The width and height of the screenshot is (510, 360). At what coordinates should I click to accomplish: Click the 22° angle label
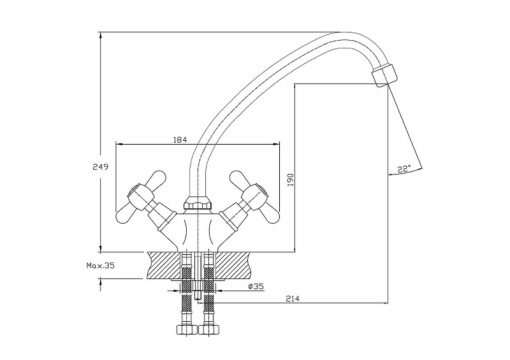(404, 169)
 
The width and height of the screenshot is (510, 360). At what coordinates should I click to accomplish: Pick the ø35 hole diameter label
(256, 287)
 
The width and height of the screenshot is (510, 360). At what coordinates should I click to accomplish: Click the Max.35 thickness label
(101, 266)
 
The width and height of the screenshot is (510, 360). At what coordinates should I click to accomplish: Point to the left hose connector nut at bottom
(184, 331)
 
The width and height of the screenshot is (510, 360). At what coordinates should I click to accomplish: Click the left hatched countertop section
(164, 264)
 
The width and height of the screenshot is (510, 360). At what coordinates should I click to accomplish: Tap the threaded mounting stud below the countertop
(198, 290)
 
